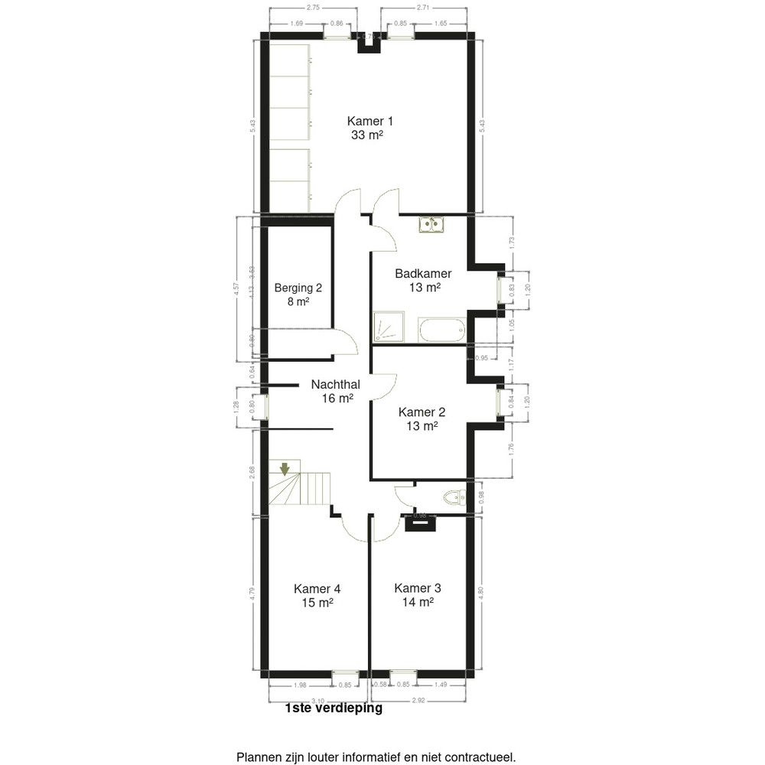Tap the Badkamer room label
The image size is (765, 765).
pos(422,274)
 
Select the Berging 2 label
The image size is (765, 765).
pos(298,288)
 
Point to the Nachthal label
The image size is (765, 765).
pos(336,385)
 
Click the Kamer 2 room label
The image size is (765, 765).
pos(422,412)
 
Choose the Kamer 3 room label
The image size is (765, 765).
pos(417,588)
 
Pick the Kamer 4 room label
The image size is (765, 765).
pos(317,588)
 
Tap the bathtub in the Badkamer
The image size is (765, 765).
pos(441,330)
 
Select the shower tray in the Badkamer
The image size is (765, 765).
pos(386,327)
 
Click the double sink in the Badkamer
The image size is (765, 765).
pos(432,224)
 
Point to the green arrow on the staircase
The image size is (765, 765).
pos(285,468)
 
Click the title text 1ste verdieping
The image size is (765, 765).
pos(333,708)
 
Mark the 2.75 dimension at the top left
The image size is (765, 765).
pos(313,8)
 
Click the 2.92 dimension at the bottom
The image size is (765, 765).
pos(417,700)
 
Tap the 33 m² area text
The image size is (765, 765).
pos(365,135)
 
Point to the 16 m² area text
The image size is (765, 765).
pos(336,399)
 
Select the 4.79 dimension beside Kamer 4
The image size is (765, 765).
pos(252,591)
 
